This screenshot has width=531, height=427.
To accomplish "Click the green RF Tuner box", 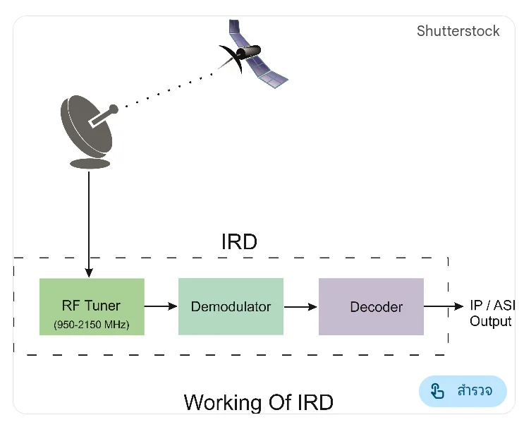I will [92, 306].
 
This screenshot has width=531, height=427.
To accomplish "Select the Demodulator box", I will [231, 306].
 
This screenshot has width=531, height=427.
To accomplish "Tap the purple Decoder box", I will [371, 306].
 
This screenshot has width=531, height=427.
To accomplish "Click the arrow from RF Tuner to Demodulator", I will [161, 306].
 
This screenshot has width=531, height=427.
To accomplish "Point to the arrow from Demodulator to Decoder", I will [301, 306].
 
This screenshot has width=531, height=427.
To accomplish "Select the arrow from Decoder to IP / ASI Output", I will [444, 306].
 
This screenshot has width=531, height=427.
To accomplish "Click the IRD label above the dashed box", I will [239, 242].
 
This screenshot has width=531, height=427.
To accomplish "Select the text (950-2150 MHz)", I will [92, 325].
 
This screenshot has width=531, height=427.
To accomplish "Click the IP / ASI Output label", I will [491, 313].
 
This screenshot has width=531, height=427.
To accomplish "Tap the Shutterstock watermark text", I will [458, 31].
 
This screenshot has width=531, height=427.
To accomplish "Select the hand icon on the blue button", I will [437, 391].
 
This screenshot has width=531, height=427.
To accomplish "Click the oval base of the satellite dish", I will [90, 164].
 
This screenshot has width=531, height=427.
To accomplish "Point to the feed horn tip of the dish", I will [114, 109].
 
